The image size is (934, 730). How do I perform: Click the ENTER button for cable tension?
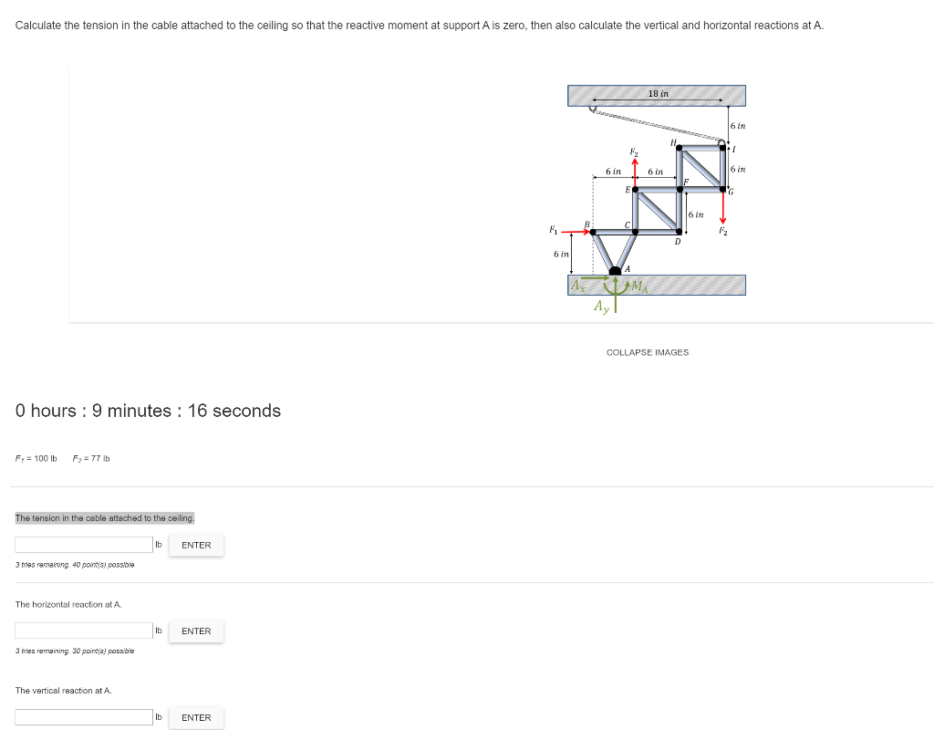click(x=196, y=545)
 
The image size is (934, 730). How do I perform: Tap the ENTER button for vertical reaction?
click(x=196, y=717)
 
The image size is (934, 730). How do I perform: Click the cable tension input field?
click(x=84, y=545)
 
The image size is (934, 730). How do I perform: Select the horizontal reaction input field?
click(x=84, y=631)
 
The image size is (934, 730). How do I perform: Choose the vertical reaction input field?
click(x=84, y=717)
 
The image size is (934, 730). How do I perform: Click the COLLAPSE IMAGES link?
click(x=648, y=352)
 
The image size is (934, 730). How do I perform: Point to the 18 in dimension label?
click(x=658, y=94)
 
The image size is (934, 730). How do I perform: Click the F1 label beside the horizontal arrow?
click(x=550, y=228)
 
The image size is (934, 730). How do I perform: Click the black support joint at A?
click(x=616, y=270)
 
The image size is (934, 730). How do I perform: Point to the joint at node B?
click(x=593, y=232)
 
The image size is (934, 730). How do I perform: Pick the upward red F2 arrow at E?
click(x=636, y=172)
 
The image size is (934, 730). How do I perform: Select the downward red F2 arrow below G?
click(x=722, y=209)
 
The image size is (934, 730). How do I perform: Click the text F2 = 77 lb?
click(x=91, y=458)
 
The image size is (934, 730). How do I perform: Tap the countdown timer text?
click(x=148, y=411)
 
